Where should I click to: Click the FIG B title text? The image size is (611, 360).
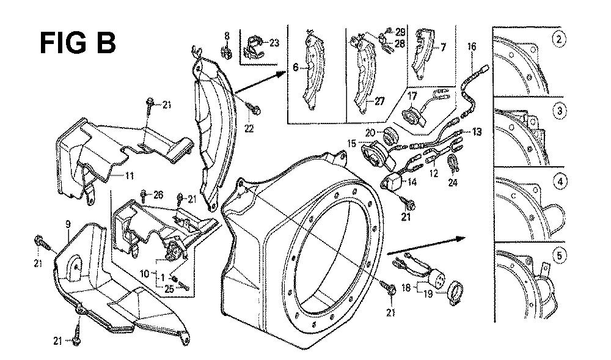point(77,43)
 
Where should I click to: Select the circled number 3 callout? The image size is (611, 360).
point(558,111)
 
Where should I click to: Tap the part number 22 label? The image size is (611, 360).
point(249,128)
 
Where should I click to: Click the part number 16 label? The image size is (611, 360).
point(471,46)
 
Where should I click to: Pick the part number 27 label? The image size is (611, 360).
point(379,101)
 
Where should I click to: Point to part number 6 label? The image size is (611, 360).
point(295,68)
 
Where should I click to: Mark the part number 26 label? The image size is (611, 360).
point(158,196)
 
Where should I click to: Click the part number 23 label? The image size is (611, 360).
point(274,43)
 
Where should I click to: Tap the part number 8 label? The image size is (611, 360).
point(227,35)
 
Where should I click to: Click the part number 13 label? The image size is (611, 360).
point(477,132)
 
